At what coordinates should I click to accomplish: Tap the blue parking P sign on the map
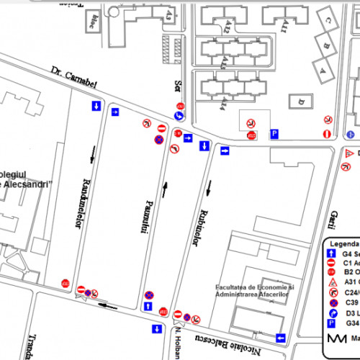274,134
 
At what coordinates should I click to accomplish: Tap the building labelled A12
228,27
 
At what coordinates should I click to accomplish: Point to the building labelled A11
284,28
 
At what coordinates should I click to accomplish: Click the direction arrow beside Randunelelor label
93,151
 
